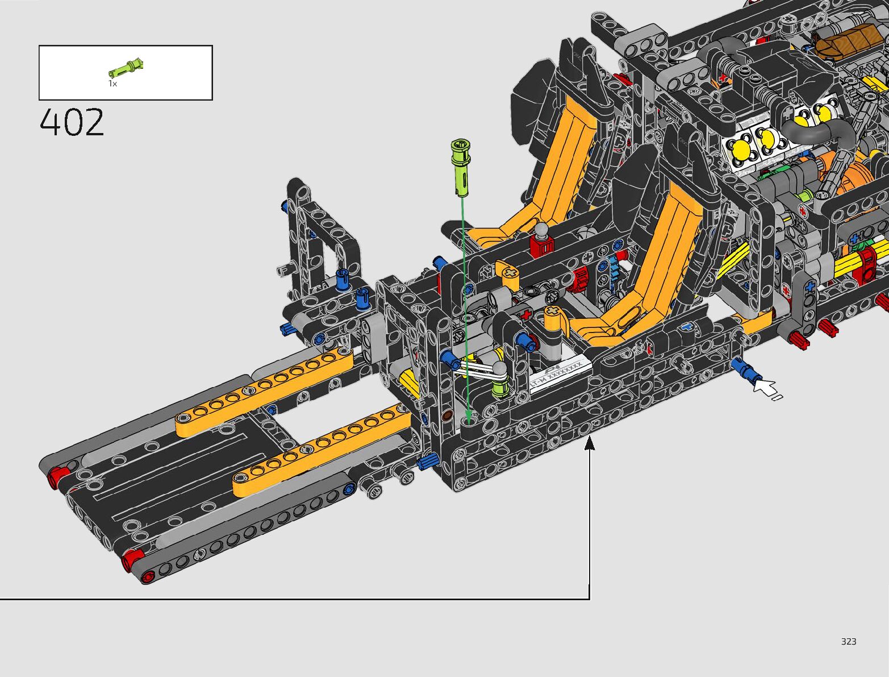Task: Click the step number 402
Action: point(72,122)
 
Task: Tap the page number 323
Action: point(849,641)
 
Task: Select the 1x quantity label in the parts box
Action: point(112,84)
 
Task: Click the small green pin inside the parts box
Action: point(126,68)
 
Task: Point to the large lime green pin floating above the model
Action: point(461,167)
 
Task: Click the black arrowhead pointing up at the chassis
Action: point(589,442)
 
